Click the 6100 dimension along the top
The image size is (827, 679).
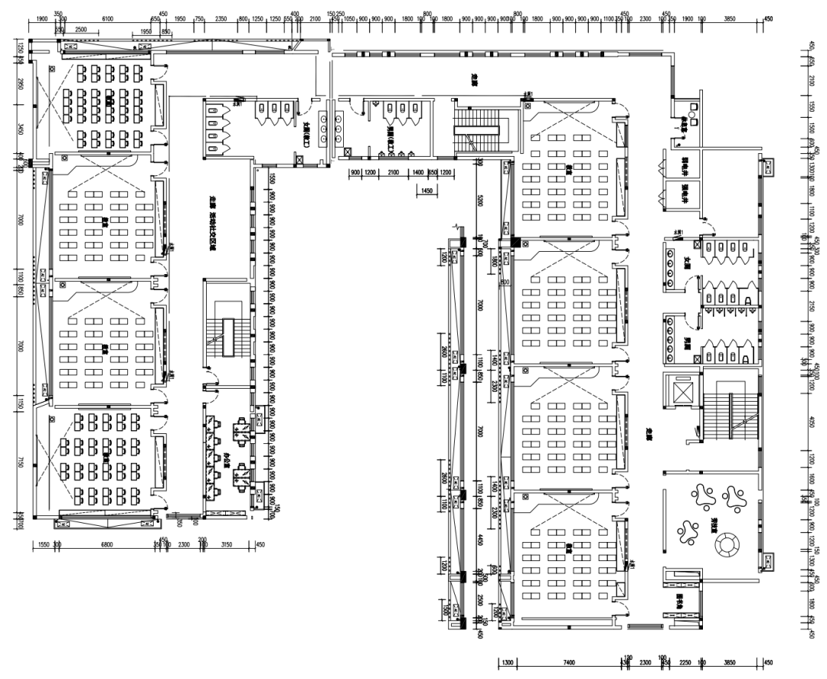107,18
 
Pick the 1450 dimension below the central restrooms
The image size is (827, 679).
428,190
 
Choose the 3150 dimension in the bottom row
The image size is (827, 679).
226,545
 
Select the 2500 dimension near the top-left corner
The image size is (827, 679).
82,30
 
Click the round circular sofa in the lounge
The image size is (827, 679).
724,545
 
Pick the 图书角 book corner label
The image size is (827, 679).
678,600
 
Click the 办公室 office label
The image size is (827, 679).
227,459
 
